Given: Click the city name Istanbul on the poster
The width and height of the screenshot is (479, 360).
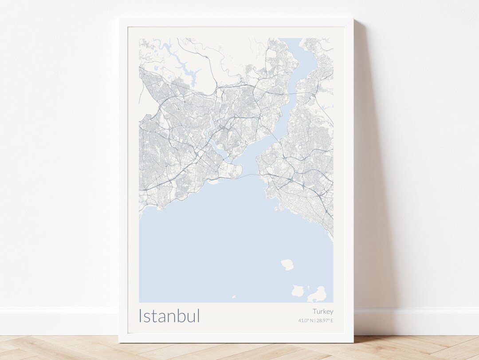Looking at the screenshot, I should point(169,316).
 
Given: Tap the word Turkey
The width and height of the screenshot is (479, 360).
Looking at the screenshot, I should point(322,312).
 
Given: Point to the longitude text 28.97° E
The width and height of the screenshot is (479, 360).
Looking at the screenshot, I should point(325,320).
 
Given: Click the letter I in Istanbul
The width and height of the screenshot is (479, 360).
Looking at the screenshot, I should point(141,316).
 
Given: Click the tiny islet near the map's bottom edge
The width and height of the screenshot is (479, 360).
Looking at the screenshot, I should point(234,297).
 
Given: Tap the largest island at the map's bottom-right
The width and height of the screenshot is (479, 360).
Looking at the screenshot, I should point(318,294).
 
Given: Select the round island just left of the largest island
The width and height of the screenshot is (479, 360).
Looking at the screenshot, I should point(298,291).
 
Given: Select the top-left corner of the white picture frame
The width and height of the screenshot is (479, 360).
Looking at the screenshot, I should point(120,20).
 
